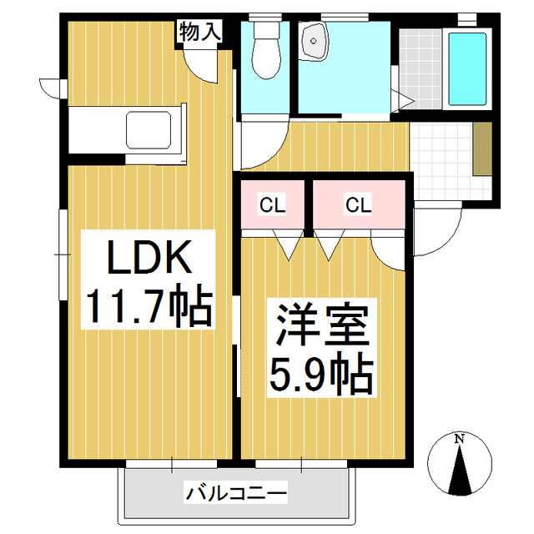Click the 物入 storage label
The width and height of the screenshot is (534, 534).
(x=200, y=32)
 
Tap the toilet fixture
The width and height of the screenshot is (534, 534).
(x=267, y=50)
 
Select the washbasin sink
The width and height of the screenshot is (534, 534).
(x=314, y=41)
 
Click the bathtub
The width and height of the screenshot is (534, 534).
(x=467, y=69)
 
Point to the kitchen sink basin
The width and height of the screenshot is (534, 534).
(x=149, y=130)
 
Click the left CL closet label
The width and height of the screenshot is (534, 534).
(x=272, y=205)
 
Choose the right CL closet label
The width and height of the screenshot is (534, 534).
(x=358, y=205)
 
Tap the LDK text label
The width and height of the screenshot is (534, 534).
(x=149, y=258)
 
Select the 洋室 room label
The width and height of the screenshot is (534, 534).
(x=323, y=325)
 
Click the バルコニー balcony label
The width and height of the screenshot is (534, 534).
(x=235, y=492)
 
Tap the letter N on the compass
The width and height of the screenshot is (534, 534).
(x=460, y=440)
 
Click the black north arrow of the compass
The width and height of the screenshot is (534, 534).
(x=460, y=470)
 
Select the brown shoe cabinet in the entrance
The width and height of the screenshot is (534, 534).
(x=482, y=149)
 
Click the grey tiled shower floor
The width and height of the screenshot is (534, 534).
(x=421, y=69)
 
